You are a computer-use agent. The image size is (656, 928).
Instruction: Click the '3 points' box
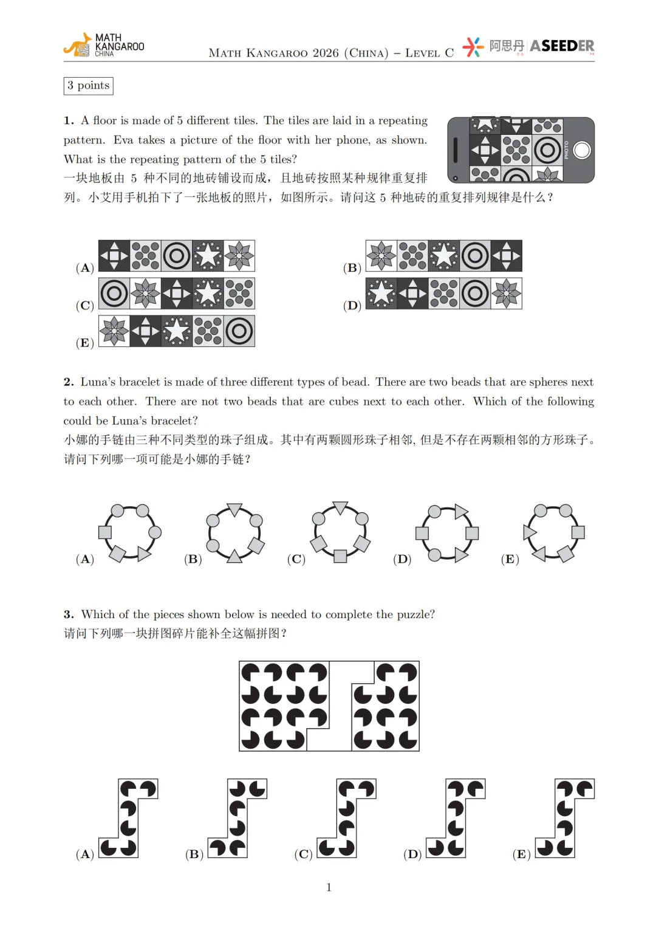coord(88,86)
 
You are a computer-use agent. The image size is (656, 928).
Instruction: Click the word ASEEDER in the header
coord(562,46)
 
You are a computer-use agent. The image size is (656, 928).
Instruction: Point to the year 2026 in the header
coord(326,53)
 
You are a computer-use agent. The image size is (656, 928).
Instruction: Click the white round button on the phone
coord(582,150)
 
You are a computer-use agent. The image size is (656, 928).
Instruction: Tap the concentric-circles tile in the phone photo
coord(548,150)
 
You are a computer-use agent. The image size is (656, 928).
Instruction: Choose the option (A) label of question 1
coord(84,268)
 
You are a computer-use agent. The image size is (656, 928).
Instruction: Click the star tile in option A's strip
coord(208,256)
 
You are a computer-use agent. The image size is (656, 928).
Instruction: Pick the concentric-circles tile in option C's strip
coord(114,294)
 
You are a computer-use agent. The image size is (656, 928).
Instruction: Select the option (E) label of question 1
coord(84,343)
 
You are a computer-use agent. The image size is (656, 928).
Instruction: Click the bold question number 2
coord(69,382)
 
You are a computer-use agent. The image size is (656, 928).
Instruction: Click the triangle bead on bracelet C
coord(340,507)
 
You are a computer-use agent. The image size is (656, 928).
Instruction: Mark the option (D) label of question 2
coord(402,559)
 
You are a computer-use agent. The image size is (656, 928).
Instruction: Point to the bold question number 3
coord(69,614)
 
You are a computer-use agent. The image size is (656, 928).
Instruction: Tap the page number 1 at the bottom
coord(329,887)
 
